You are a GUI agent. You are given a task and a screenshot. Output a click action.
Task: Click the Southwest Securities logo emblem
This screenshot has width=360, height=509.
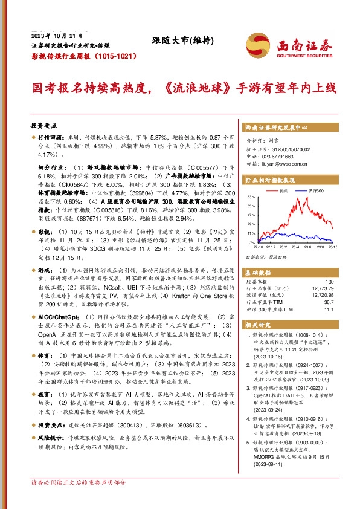click(x=256, y=45)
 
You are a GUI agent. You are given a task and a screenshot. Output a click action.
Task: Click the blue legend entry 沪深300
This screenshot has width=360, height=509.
click(x=313, y=191)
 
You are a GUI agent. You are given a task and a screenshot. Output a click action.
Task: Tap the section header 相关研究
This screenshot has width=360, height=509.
click(x=260, y=325)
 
